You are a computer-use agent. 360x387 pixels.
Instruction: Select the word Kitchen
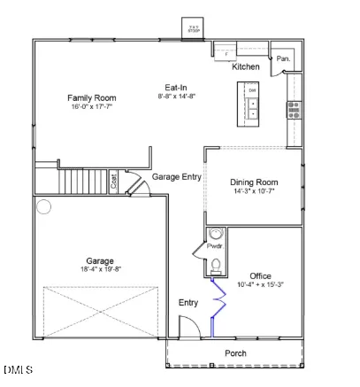(x=245, y=67)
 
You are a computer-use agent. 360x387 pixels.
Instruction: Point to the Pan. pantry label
(x=283, y=58)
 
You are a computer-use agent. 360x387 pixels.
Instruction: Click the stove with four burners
(x=293, y=109)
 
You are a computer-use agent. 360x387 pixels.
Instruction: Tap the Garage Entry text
(x=177, y=177)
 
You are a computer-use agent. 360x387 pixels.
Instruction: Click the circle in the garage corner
(x=44, y=207)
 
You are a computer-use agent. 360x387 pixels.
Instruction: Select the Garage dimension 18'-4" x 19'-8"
(x=100, y=271)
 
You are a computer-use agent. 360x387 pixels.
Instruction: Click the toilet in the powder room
(x=215, y=266)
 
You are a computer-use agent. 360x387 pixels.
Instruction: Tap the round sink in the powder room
(x=215, y=236)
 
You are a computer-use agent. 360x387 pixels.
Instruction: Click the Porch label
(x=235, y=353)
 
